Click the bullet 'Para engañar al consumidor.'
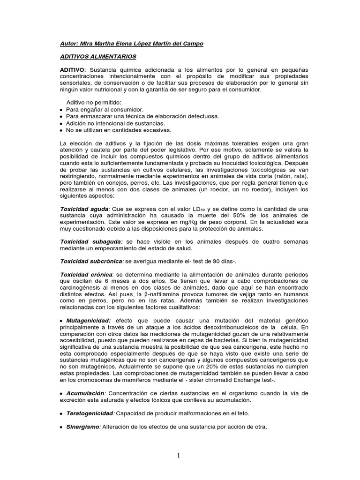pyautogui.click(x=104, y=109)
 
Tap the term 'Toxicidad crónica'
pyautogui.click(x=86, y=274)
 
